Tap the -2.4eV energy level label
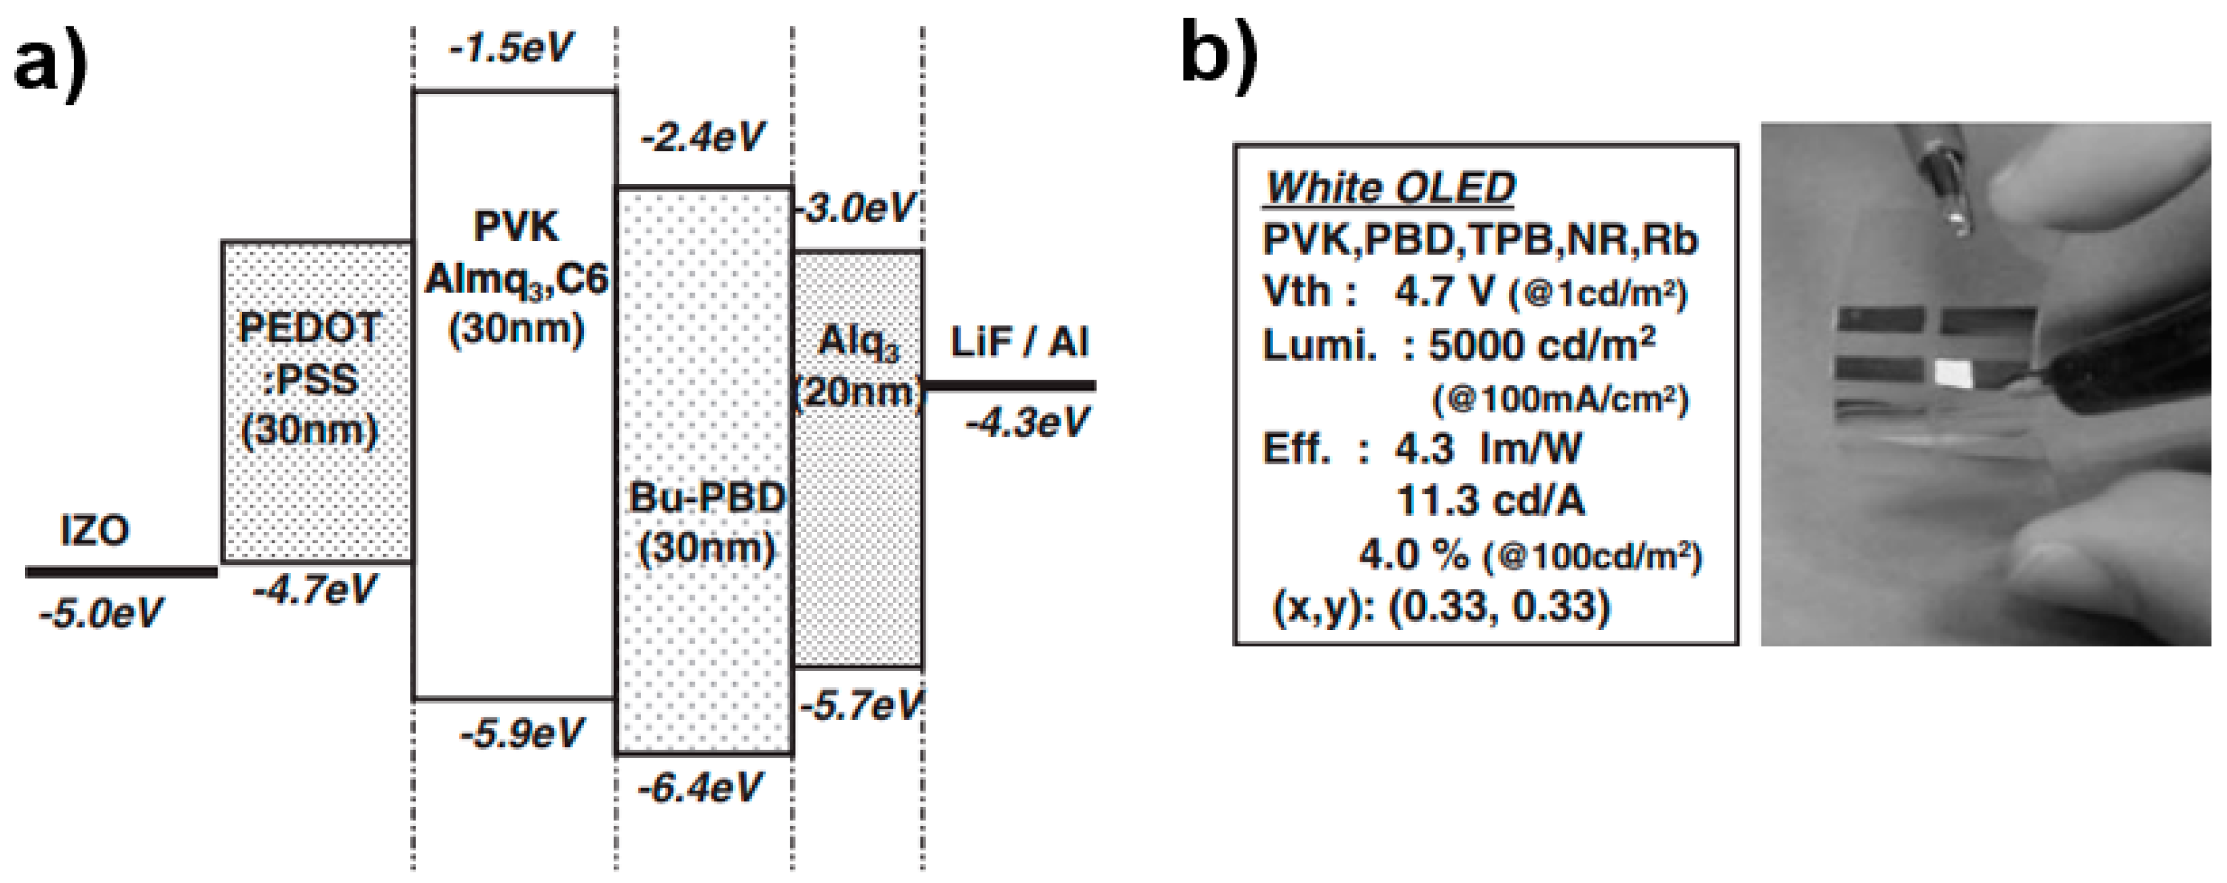[x=702, y=137]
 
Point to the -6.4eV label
[x=701, y=788]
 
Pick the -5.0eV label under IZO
[x=100, y=614]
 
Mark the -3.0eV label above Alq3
[x=856, y=208]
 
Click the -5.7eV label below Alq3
[x=860, y=705]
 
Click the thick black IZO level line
[x=121, y=572]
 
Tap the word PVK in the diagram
[x=516, y=227]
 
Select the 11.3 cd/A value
[x=1491, y=501]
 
